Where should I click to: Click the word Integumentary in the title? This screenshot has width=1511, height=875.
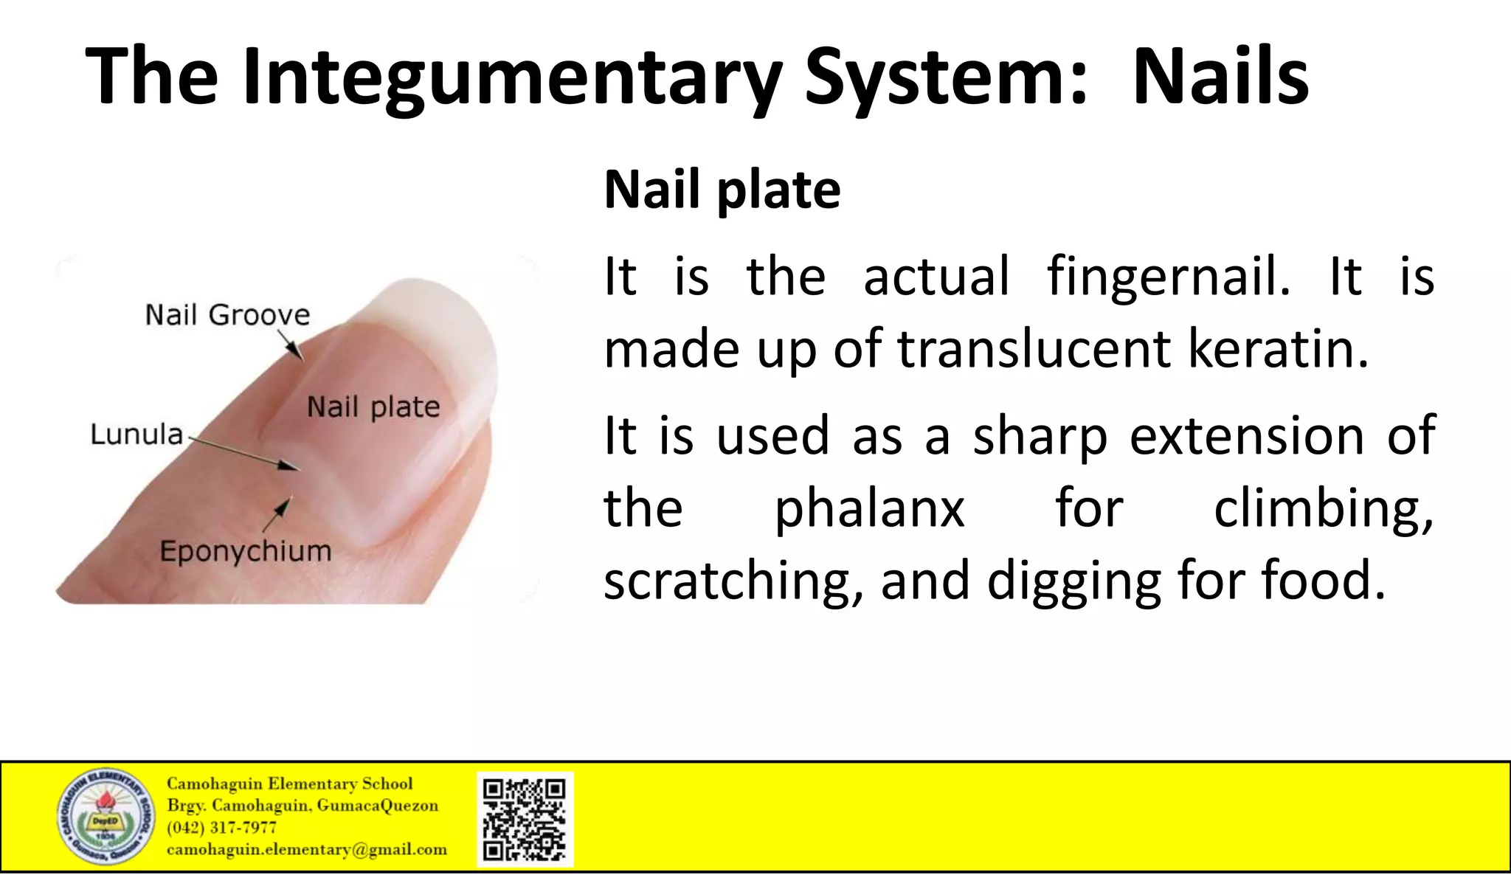pos(512,78)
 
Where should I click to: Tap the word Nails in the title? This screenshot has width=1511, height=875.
pos(1220,77)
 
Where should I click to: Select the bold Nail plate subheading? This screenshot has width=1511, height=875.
pos(722,190)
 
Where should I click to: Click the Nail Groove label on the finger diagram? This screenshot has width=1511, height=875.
pos(227,315)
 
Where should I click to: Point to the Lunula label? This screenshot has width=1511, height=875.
pos(136,435)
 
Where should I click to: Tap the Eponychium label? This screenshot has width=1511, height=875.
pos(246,551)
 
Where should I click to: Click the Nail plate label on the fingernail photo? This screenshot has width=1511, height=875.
pos(373,407)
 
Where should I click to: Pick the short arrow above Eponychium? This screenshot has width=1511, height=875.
pos(277,513)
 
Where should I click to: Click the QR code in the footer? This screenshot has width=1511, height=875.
pos(525,819)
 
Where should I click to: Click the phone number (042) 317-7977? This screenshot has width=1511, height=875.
pos(221,828)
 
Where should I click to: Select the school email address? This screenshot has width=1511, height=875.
pos(307,850)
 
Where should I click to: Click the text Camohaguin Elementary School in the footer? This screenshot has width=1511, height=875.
pos(289,784)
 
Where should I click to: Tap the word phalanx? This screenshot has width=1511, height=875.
pos(869,509)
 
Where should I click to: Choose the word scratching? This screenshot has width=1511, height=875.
pos(733,581)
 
